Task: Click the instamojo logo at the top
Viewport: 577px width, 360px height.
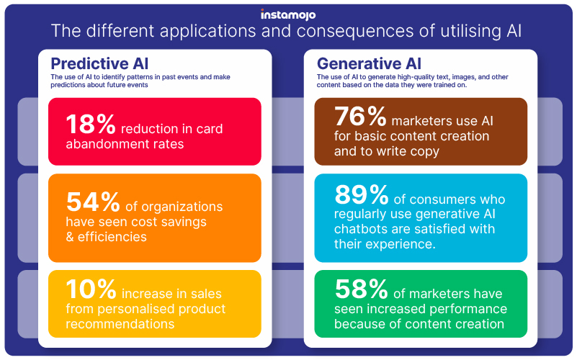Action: coord(288,14)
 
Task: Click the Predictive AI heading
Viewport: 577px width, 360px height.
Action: coord(99,63)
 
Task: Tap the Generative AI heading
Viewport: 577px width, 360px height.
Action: coord(369,63)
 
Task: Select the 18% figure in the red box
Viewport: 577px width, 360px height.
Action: coord(91,125)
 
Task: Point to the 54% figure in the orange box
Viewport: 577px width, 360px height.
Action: coord(91,202)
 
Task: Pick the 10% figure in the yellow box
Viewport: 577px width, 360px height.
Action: coord(91,290)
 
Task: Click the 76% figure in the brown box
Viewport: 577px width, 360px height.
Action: coord(359,117)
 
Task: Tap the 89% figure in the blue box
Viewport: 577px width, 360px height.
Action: coord(359,196)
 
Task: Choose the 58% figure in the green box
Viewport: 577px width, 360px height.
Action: coord(359,290)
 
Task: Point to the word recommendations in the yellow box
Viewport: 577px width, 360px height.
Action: coord(120,324)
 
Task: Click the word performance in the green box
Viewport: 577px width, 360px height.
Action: coord(468,310)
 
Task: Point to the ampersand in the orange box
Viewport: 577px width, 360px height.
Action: coord(70,237)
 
